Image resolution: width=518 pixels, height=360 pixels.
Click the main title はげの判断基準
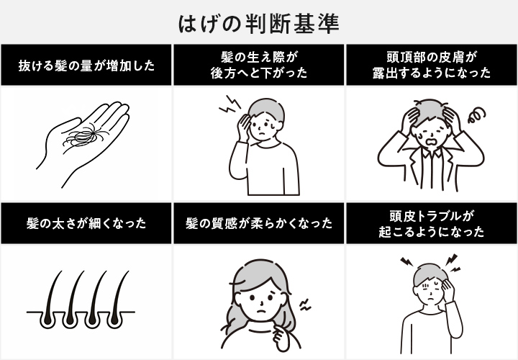(x=259, y=24)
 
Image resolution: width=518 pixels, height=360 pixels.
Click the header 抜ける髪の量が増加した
(x=86, y=66)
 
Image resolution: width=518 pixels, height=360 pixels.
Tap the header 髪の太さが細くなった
(x=86, y=223)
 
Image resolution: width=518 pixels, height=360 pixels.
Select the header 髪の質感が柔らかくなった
(x=259, y=223)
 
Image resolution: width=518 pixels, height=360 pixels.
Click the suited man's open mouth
(x=430, y=141)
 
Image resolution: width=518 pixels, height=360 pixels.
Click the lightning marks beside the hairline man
(x=230, y=104)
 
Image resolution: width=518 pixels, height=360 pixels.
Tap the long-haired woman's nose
(x=262, y=303)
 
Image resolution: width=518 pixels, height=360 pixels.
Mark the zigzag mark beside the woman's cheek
(x=305, y=305)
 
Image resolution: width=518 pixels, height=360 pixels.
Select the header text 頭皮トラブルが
(x=432, y=216)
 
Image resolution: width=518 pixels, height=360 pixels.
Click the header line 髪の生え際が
(x=259, y=57)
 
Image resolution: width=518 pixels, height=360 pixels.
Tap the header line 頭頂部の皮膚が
(x=432, y=57)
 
